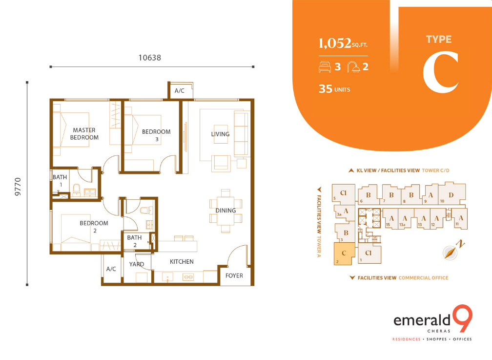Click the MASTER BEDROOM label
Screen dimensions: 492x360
pyautogui.click(x=84, y=134)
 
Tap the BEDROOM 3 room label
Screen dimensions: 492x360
pyautogui.click(x=156, y=135)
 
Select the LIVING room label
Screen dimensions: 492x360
pyautogui.click(x=220, y=134)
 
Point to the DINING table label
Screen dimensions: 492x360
pyautogui.click(x=225, y=211)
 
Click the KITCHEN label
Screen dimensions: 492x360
pyautogui.click(x=182, y=262)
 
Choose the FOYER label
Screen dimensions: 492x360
pyautogui.click(x=234, y=275)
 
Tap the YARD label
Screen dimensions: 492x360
pyautogui.click(x=137, y=264)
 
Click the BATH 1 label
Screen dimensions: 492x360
pyautogui.click(x=60, y=181)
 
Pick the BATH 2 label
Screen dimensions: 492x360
pyautogui.click(x=134, y=241)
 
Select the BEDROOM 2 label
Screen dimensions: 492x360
pyautogui.click(x=94, y=227)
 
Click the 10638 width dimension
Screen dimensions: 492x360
pyautogui.click(x=150, y=58)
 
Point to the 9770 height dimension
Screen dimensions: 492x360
pyautogui.click(x=18, y=187)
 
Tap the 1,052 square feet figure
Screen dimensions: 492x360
pyautogui.click(x=343, y=43)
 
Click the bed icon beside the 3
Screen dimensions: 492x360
pyautogui.click(x=325, y=67)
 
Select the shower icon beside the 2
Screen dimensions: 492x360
pyautogui.click(x=353, y=67)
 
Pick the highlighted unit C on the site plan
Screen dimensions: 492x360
pyautogui.click(x=344, y=254)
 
